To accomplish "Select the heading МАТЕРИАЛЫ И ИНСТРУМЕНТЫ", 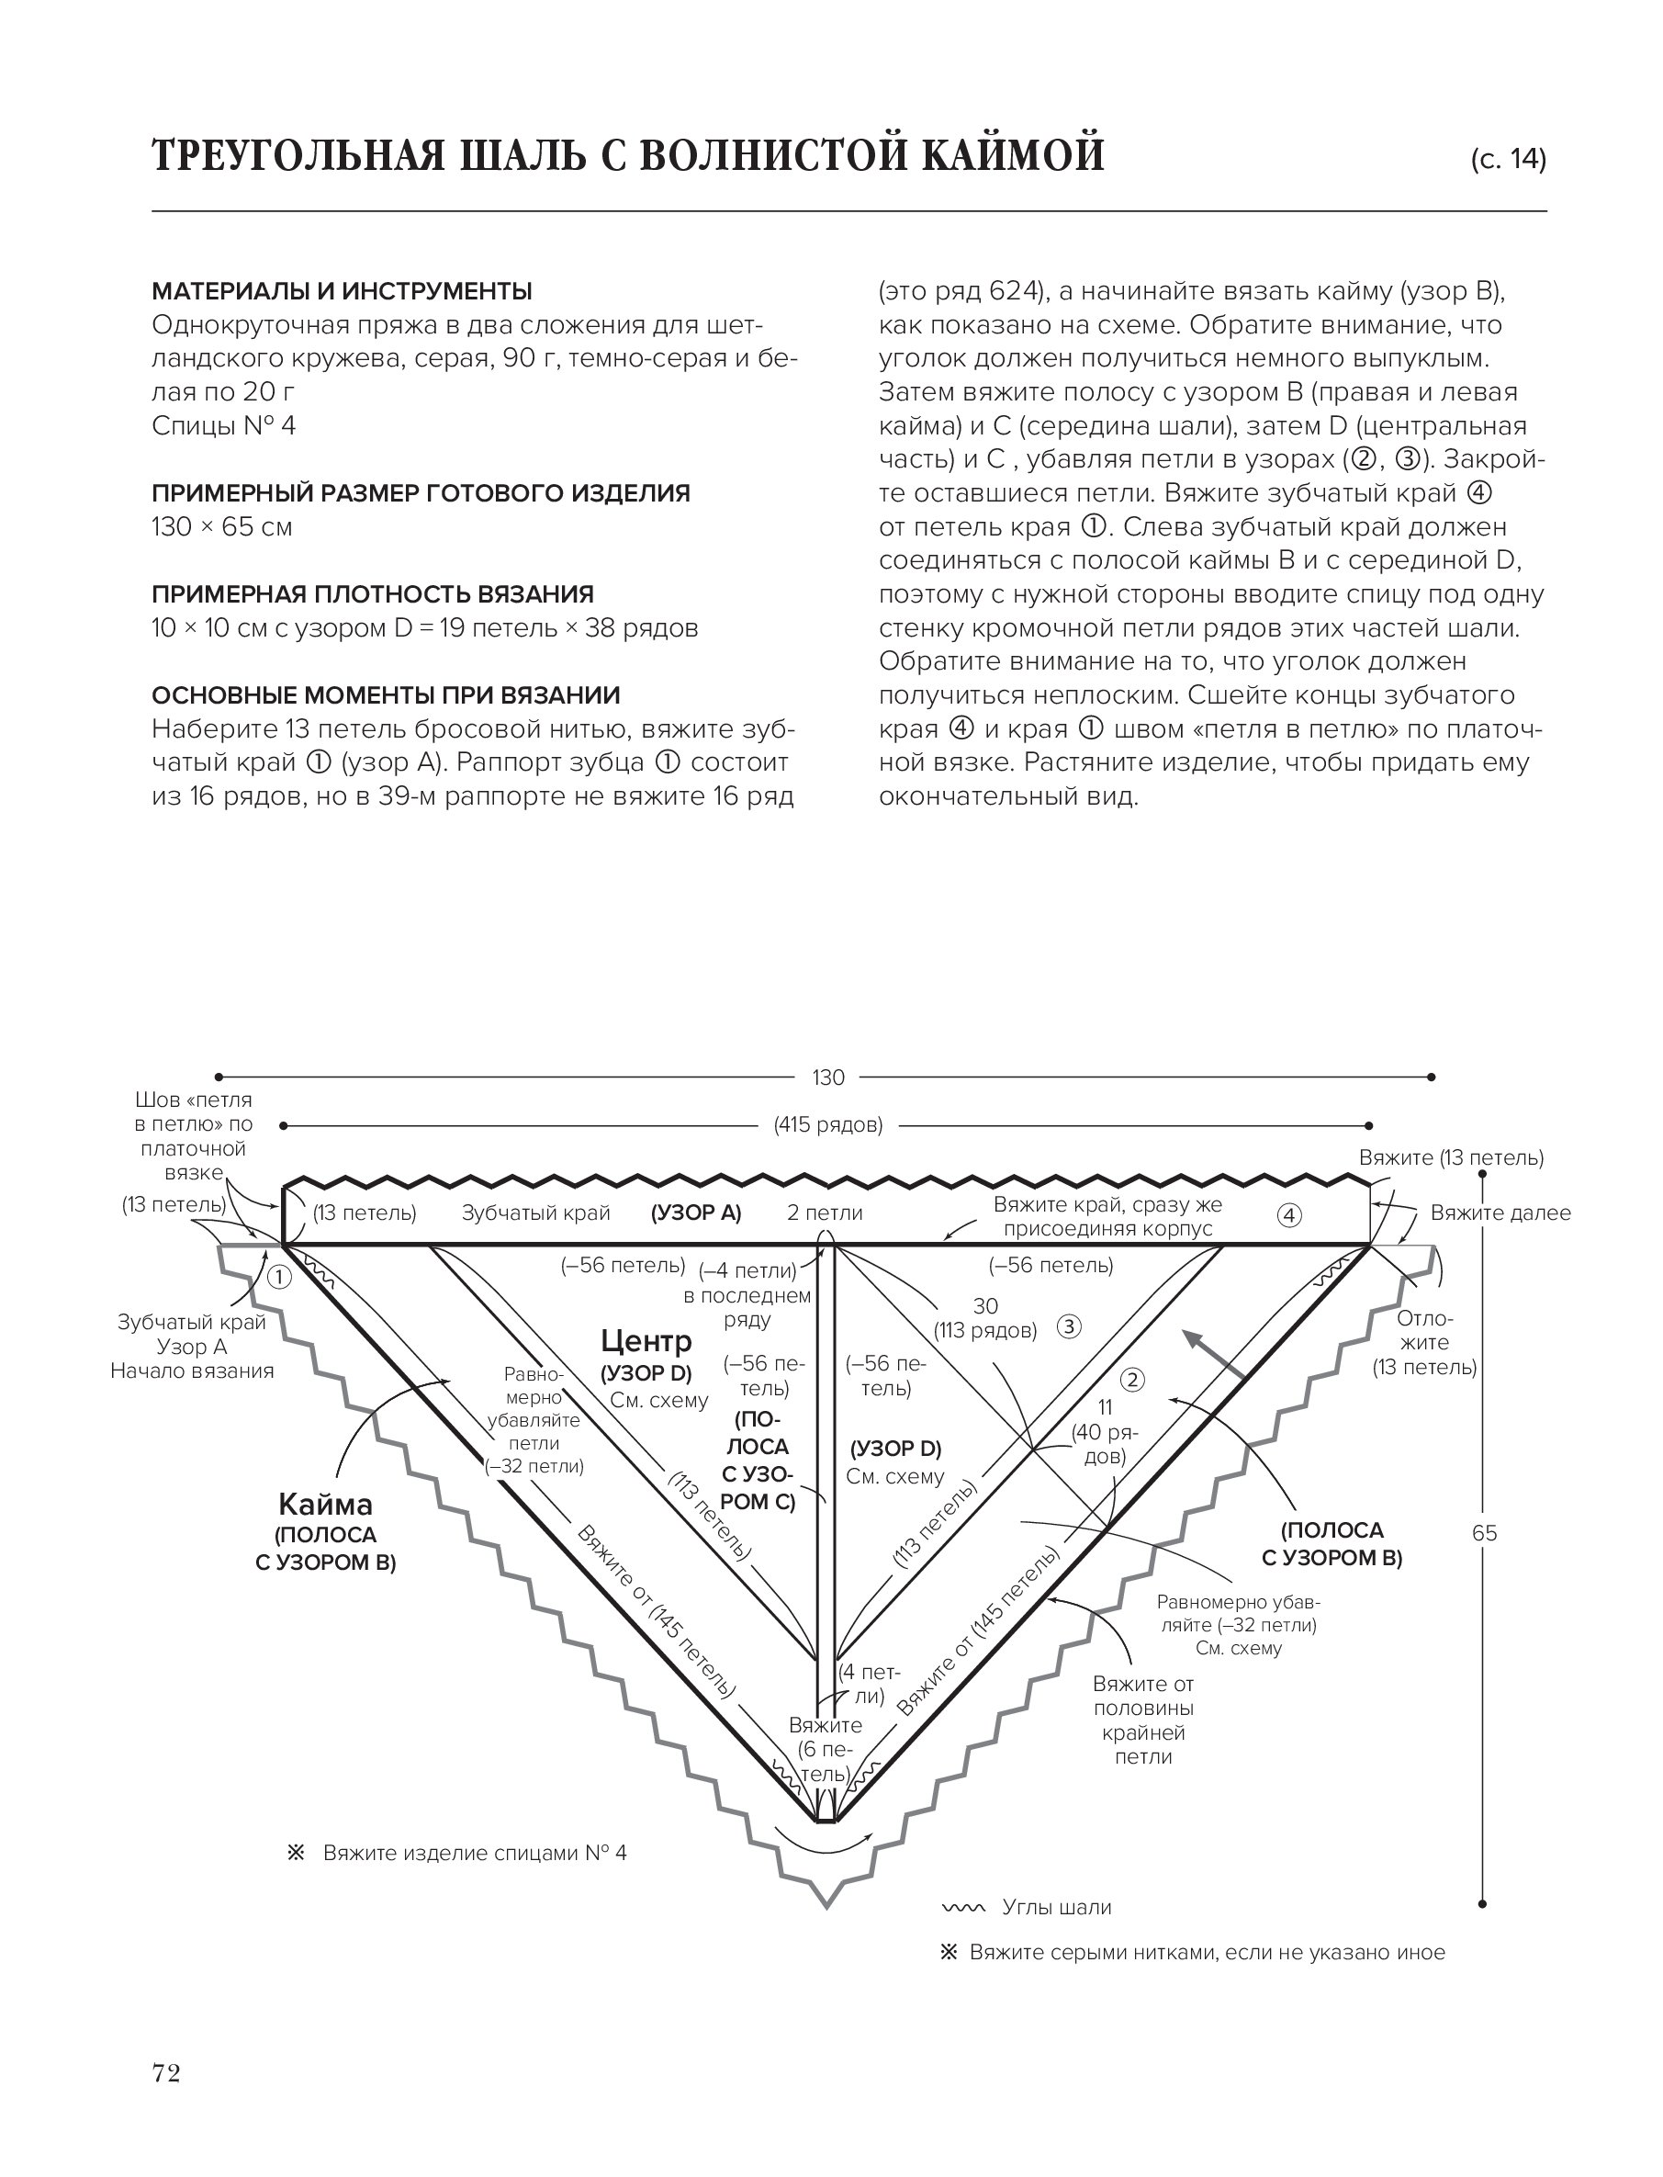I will pos(342,291).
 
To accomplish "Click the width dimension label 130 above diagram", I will pos(827,1077).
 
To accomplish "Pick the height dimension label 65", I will pos(1484,1533).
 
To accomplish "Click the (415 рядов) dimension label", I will pos(827,1124).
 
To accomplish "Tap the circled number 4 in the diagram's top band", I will pos(1289,1214).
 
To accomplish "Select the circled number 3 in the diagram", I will pos(1069,1327).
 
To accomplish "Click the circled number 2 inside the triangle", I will pos(1132,1380).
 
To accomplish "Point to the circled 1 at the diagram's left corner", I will pos(280,1277).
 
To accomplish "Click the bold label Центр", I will pos(646,1341).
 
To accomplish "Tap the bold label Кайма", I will pos(326,1505).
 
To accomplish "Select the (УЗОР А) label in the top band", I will pos(696,1213).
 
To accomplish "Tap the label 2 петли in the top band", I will pos(825,1213).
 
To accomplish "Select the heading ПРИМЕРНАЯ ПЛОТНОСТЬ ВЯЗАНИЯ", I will pos(372,594).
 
